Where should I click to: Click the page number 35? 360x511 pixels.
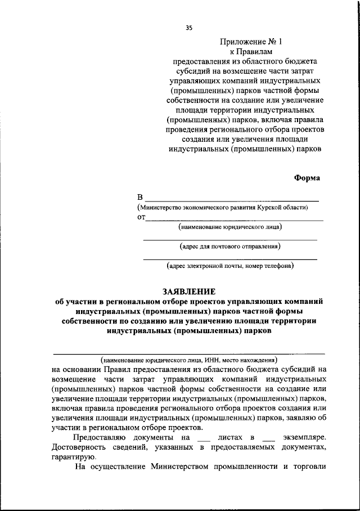(x=188, y=28)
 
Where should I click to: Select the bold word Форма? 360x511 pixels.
(x=307, y=178)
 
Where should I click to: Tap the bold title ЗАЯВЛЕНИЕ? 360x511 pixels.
(x=189, y=292)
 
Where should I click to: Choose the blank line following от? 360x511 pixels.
(x=233, y=220)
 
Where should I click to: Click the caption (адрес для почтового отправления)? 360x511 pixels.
(x=230, y=246)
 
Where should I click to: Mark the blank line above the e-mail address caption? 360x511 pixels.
(x=230, y=259)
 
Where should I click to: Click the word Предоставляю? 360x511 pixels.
(x=99, y=437)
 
